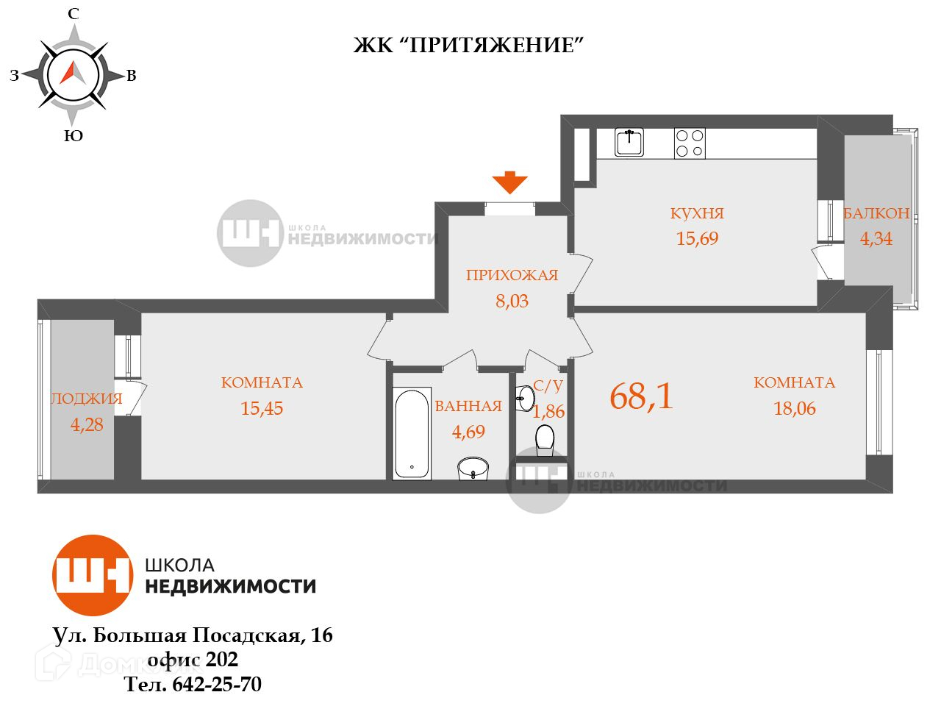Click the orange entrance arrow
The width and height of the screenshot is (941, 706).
[x=509, y=182]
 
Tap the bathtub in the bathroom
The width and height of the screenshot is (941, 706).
[x=411, y=434]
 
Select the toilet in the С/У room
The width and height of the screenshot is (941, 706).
[x=545, y=438]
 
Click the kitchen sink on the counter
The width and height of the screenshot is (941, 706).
[x=629, y=142]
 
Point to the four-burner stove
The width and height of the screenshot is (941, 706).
[x=690, y=143]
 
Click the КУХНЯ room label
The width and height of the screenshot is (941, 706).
[x=697, y=213]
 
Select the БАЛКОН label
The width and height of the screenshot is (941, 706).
[x=876, y=213]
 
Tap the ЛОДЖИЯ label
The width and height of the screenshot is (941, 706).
[x=86, y=399]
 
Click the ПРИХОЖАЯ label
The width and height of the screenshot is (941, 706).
[x=512, y=276]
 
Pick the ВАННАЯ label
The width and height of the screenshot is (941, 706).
[x=468, y=406]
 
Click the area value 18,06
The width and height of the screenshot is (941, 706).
[x=795, y=408]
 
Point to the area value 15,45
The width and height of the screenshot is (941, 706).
[x=262, y=408]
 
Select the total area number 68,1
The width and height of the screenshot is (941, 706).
[x=641, y=397]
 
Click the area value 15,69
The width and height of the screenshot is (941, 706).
[x=697, y=238]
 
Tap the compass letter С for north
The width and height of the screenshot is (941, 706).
[x=73, y=13]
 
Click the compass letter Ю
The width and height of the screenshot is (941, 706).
[x=73, y=136]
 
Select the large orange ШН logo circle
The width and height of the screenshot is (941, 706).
[x=92, y=575]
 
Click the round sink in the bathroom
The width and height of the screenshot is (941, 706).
[x=473, y=468]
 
